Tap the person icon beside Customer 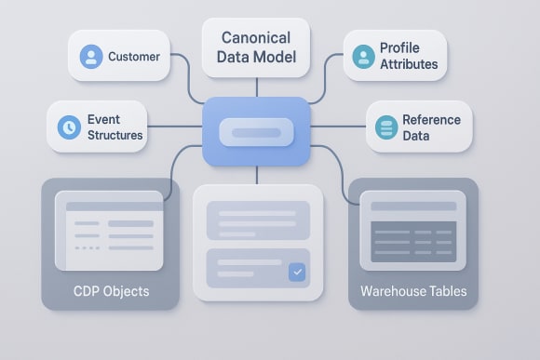(x=91, y=56)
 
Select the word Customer (x=134, y=57)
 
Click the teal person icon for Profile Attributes (x=363, y=57)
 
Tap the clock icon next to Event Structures (x=69, y=127)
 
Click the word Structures (x=115, y=136)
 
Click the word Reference (x=432, y=120)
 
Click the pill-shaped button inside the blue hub (x=256, y=133)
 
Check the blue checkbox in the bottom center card (x=297, y=273)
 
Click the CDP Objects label (x=111, y=291)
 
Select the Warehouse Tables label (x=413, y=291)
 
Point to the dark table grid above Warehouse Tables (x=413, y=241)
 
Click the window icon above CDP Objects (x=110, y=230)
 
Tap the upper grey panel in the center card (x=257, y=220)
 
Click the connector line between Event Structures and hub (x=175, y=127)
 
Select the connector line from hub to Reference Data (x=338, y=127)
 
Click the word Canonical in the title (x=256, y=38)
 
